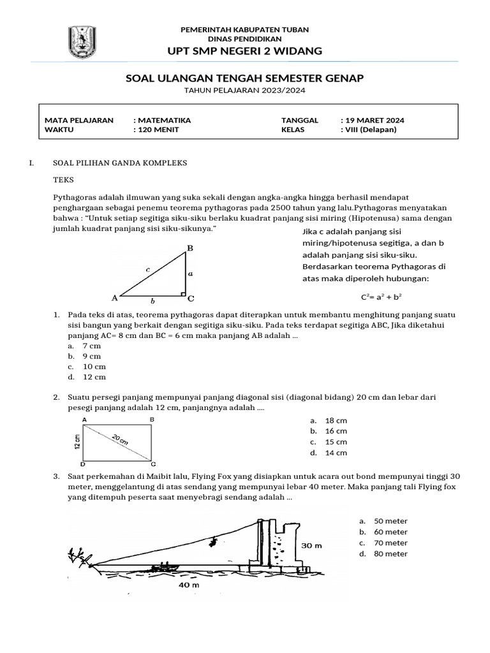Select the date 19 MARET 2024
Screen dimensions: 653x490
click(375, 120)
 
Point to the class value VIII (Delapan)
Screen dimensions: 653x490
click(371, 129)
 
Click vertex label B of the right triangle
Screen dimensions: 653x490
click(189, 247)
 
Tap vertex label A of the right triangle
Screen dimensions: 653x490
click(115, 297)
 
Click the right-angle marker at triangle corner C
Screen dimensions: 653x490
click(183, 295)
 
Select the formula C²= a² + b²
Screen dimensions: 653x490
click(385, 297)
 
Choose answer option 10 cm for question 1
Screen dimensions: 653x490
click(94, 367)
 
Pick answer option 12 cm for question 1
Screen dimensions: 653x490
click(94, 377)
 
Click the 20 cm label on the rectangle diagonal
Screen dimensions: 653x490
click(120, 439)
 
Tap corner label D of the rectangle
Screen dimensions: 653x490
click(84, 465)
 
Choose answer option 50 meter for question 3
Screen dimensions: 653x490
click(390, 521)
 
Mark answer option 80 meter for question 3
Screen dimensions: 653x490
click(390, 554)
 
